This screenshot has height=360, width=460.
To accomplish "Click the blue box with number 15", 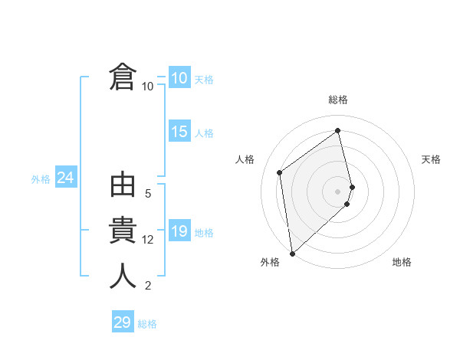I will [179, 132].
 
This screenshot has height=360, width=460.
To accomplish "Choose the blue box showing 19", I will [179, 231].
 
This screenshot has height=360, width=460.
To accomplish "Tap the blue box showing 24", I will [65, 178].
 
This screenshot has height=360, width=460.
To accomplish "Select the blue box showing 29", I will [123, 322].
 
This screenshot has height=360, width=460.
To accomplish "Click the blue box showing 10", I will [179, 78].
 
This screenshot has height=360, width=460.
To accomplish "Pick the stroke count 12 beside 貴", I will [148, 240].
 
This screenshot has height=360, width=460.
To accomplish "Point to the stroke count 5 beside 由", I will [148, 194].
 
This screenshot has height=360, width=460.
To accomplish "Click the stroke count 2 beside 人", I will [148, 286].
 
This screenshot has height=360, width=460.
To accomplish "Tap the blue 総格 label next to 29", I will [147, 324].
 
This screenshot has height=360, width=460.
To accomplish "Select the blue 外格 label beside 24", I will [41, 179].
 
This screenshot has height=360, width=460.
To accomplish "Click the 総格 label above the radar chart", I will [337, 100].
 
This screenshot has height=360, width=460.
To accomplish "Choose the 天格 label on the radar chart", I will [431, 159].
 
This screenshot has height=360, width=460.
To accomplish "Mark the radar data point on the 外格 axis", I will [291, 253].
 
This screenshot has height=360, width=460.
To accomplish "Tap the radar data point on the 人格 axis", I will [280, 172].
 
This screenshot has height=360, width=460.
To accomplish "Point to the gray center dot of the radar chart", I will [337, 191].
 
